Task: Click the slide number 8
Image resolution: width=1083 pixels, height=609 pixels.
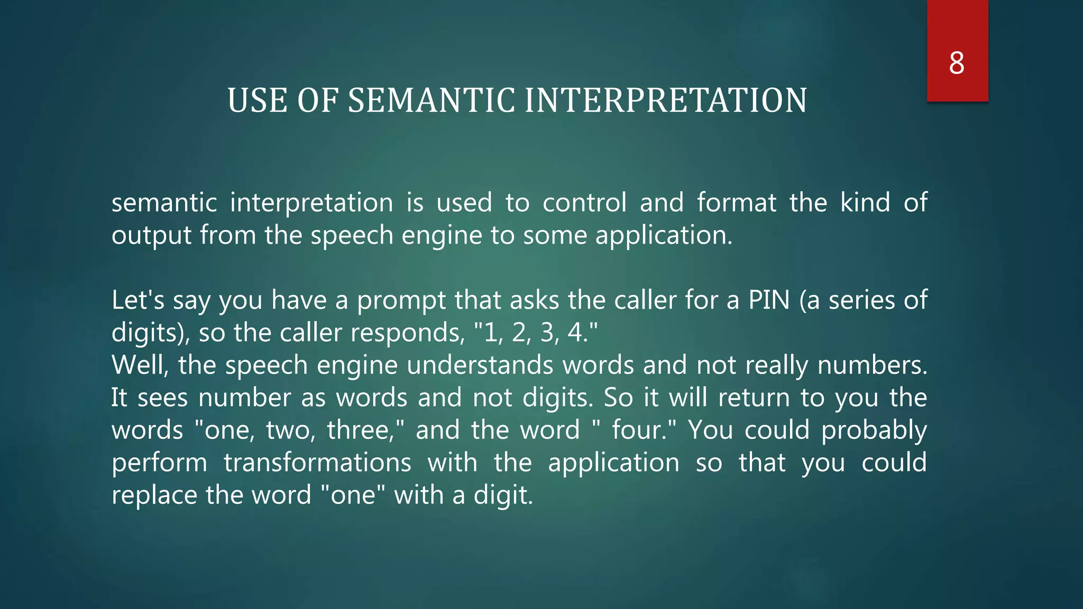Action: click(957, 63)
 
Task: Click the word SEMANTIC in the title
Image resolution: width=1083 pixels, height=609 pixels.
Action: click(431, 100)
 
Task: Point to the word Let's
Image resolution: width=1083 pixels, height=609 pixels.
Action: click(138, 300)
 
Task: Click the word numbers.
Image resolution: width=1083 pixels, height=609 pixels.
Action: click(872, 365)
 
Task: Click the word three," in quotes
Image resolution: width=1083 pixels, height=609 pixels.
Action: click(365, 430)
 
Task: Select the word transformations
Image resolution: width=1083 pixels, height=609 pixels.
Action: click(317, 463)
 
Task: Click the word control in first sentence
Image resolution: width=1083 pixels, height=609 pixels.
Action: click(584, 203)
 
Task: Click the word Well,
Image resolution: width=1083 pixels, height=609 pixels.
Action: click(140, 365)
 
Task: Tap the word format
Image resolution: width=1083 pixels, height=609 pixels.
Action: click(736, 203)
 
